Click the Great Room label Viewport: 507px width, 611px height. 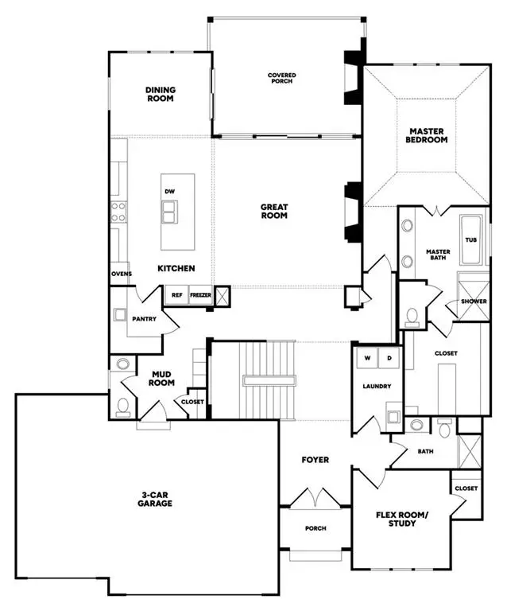[x=274, y=212]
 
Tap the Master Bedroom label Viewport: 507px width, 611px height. [x=428, y=135]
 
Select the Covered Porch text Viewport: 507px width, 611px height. [x=281, y=78]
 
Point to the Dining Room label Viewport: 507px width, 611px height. [x=160, y=95]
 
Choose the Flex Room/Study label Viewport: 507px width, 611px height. [x=401, y=519]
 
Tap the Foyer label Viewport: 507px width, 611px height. [x=315, y=460]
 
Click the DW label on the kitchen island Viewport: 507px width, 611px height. [x=169, y=192]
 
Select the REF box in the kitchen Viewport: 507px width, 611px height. [x=177, y=294]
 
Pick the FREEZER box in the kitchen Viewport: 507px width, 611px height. [x=199, y=294]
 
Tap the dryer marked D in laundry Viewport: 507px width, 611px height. [x=389, y=357]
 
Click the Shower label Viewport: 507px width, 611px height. [x=474, y=302]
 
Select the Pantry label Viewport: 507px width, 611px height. [x=144, y=319]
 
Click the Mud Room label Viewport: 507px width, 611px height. [x=162, y=376]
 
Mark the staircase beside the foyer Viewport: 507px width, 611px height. [x=267, y=379]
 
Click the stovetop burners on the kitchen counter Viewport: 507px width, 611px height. [x=118, y=211]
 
